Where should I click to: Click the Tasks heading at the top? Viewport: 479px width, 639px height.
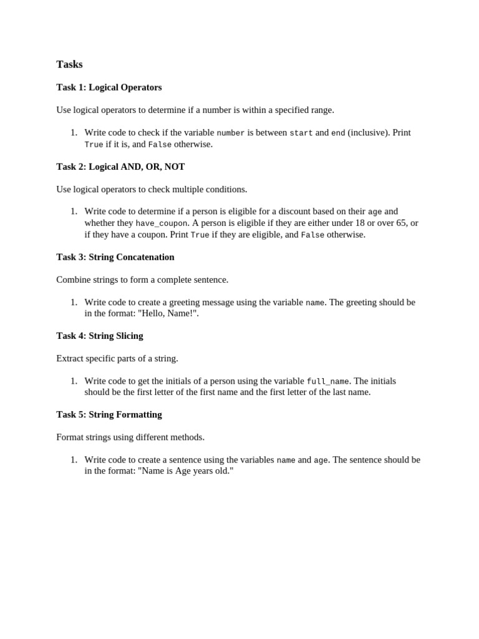point(69,64)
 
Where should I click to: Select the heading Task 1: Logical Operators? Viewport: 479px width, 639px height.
point(109,87)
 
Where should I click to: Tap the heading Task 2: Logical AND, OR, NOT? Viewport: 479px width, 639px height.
point(120,167)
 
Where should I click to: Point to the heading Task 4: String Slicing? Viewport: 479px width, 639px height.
point(100,336)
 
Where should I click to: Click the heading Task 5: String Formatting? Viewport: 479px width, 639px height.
point(109,414)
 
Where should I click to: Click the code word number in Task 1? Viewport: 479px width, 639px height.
point(230,133)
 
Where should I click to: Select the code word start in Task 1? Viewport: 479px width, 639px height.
point(301,133)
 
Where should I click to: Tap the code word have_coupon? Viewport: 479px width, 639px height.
point(162,223)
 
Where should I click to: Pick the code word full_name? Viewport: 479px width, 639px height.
point(328,381)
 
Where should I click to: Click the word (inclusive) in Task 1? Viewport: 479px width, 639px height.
point(369,132)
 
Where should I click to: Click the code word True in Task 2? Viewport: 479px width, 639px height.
point(200,235)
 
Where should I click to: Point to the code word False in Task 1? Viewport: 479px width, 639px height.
point(160,144)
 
